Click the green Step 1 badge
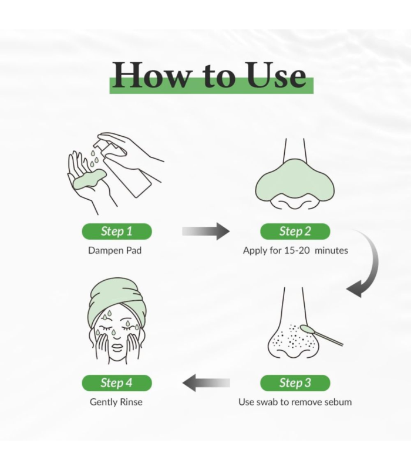tap(117, 231)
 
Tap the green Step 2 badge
tap(295, 231)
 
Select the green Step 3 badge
tap(295, 383)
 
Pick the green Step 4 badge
tap(117, 383)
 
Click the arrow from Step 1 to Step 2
tap(206, 231)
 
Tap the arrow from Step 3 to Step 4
tap(206, 383)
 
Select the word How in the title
tap(151, 75)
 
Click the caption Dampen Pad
tap(114, 251)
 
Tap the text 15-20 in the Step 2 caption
tap(297, 250)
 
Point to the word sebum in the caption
tap(336, 402)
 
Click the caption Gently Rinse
tap(116, 402)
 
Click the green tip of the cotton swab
tap(306, 329)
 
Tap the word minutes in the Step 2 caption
tap(331, 250)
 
